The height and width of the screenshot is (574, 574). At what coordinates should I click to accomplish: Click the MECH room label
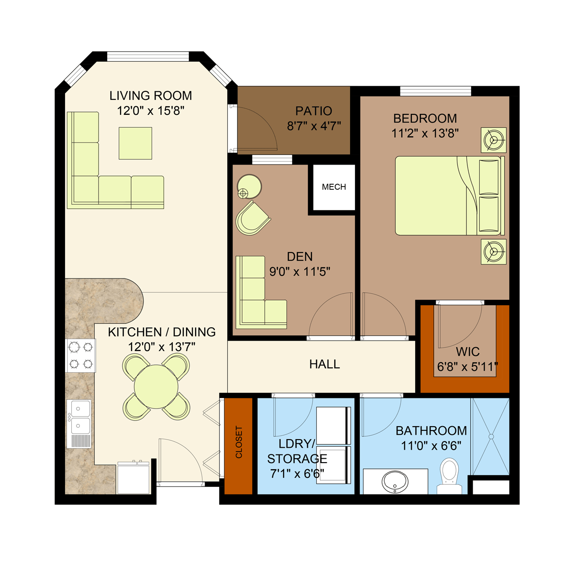pos(334,187)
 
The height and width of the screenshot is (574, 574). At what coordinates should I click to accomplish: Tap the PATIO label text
pos(313,111)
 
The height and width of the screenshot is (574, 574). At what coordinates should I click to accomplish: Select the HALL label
pos(324,364)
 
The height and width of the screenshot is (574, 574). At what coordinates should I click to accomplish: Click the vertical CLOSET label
pos(239,442)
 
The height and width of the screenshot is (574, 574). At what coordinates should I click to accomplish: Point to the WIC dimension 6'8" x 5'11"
pos(467,367)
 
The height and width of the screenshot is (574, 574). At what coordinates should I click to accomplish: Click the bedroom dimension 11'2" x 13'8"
pos(425,133)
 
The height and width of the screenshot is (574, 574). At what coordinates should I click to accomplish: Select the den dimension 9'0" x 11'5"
pos(299,272)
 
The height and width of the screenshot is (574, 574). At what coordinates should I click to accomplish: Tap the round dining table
pos(156,386)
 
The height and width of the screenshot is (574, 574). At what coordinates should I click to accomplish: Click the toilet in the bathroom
pos(450,474)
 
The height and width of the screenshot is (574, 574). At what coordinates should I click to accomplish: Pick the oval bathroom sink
pos(395,480)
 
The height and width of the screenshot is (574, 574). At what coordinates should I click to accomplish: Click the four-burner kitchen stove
pos(81,355)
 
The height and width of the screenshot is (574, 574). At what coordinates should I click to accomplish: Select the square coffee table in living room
pos(135,143)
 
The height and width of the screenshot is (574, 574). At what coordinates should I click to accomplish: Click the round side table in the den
pos(250,187)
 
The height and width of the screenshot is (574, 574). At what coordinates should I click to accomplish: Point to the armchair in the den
pos(252,219)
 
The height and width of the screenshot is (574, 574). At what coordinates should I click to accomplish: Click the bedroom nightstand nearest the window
pos(493,140)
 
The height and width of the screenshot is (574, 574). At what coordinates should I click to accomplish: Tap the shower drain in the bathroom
pos(491,437)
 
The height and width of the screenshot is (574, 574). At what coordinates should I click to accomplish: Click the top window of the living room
pos(148,56)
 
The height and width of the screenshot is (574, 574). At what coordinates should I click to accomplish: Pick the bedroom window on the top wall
pos(435,91)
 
